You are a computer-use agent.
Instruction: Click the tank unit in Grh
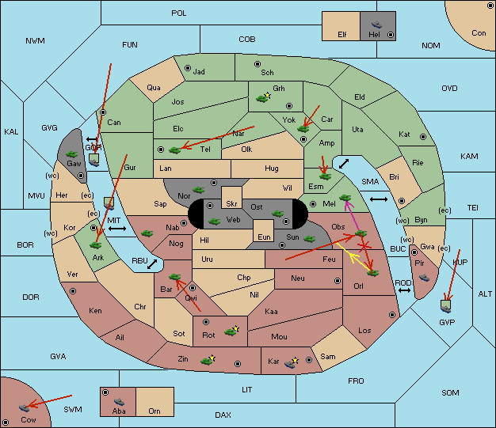click(x=262, y=99)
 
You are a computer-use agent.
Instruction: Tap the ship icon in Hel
click(x=376, y=25)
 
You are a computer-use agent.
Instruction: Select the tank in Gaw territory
click(x=72, y=153)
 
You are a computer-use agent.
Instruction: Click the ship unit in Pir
click(x=424, y=278)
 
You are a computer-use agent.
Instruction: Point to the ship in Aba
click(x=120, y=401)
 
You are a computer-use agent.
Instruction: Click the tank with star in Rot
click(x=231, y=331)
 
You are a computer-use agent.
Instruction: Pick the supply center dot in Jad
click(x=188, y=68)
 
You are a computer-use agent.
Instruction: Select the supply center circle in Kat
click(x=423, y=137)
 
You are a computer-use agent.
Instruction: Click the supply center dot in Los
click(x=392, y=315)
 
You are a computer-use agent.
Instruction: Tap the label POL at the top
click(x=179, y=13)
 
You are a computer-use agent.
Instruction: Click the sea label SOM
click(x=450, y=392)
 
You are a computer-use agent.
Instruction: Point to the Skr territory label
click(x=231, y=204)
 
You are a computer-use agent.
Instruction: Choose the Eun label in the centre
click(x=264, y=237)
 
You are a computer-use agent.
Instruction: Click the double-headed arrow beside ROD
click(x=404, y=290)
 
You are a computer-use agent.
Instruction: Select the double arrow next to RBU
click(x=152, y=264)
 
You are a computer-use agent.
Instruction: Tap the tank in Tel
click(x=174, y=150)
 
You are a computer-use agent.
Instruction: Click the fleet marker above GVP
click(x=446, y=306)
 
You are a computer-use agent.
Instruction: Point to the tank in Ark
click(x=96, y=244)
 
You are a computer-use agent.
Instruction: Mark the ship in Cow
click(x=25, y=407)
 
